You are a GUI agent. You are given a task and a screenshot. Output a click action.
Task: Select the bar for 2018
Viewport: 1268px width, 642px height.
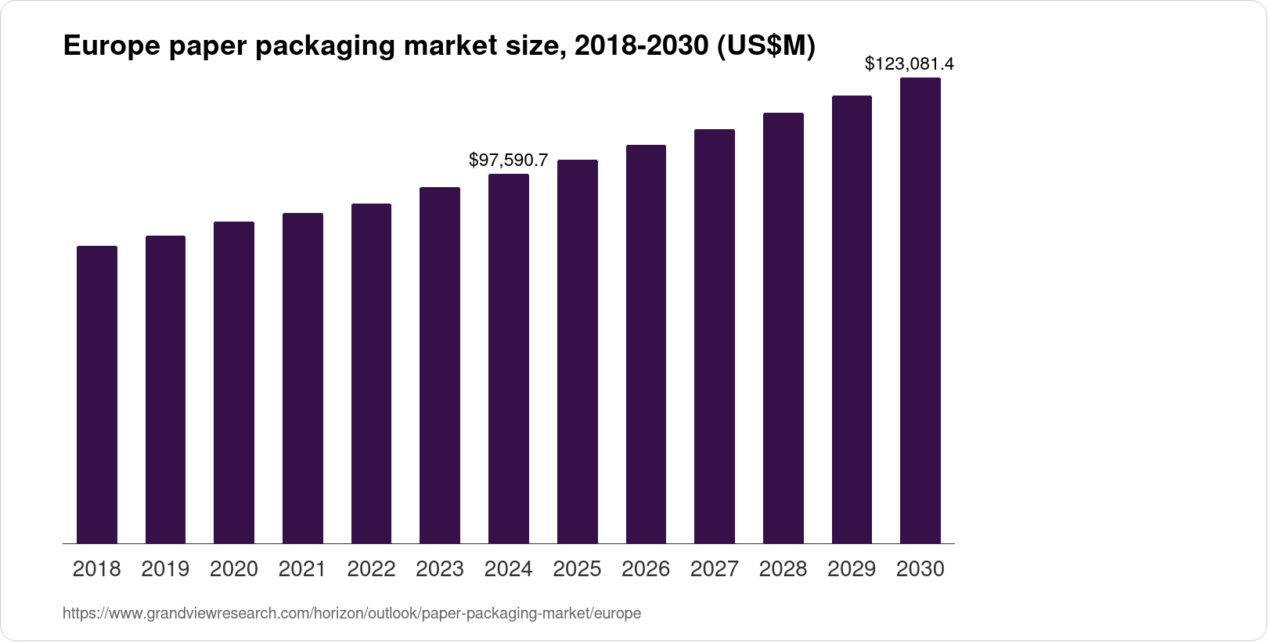97,395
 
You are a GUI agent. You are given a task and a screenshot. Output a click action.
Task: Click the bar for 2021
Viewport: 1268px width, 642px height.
303,378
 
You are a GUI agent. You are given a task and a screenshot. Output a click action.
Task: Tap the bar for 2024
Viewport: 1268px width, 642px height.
509,359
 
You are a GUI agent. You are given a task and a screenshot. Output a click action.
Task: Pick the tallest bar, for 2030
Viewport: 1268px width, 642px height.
920,310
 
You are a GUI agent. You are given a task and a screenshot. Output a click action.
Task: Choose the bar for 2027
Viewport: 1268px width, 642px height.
715,337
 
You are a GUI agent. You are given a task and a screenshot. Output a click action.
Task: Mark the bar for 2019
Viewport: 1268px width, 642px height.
165,389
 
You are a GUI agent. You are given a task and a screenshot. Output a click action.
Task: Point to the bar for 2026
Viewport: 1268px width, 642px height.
646,344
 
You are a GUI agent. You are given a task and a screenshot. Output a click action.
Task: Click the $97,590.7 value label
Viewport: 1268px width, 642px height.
508,160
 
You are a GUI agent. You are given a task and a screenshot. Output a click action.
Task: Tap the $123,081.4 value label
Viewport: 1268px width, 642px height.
909,64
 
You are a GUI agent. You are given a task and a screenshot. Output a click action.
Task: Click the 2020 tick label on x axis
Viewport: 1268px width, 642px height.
234,569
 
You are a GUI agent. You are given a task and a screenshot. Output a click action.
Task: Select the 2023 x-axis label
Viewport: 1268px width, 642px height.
440,569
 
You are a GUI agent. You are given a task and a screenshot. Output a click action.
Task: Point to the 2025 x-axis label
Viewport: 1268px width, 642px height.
577,569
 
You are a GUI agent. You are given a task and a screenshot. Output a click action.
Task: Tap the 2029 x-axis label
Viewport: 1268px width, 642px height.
852,569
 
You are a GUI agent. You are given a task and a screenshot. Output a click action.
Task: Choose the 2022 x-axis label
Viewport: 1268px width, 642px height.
371,569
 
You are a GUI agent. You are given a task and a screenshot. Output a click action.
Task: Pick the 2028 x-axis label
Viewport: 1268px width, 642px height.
783,569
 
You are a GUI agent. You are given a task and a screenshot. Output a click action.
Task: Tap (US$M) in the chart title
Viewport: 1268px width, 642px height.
765,47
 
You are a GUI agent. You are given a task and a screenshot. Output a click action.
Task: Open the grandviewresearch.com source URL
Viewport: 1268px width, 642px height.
351,614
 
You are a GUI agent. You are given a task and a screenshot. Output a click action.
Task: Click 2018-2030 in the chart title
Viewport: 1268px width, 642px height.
640,47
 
